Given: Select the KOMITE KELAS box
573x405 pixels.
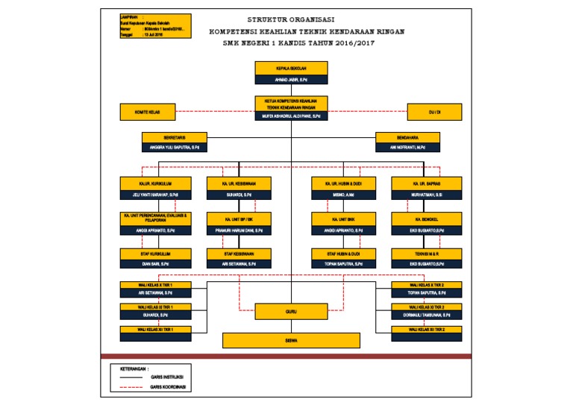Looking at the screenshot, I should tap(146, 112).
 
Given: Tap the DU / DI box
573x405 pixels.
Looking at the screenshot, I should tap(434, 112).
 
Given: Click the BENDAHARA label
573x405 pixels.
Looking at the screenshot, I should tap(407, 137).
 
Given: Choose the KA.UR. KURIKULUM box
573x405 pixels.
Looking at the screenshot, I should tap(155, 183).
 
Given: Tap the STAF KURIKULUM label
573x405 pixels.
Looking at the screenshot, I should tap(155, 254).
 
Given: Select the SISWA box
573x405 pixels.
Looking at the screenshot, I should tap(291, 340).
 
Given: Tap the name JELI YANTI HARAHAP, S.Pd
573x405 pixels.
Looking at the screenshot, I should tap(155, 195).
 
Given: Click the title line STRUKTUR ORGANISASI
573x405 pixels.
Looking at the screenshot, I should tap(290, 19).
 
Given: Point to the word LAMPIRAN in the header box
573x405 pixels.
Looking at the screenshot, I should tap(130, 16).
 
